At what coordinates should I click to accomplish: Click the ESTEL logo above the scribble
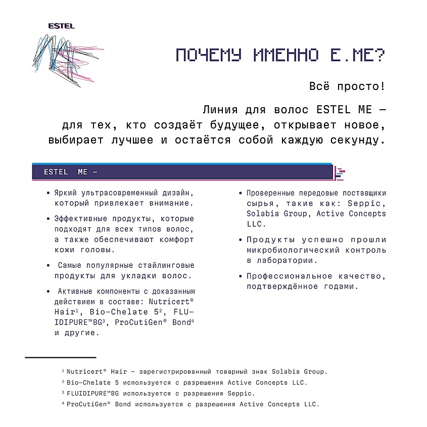tap(61, 26)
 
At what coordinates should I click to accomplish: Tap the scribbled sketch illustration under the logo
tap(61, 61)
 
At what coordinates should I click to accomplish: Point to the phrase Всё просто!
tap(347, 86)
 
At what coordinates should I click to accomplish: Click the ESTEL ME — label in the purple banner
tap(70, 172)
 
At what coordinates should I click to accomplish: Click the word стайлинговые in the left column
tap(163, 265)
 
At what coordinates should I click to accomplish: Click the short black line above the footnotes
tap(61, 357)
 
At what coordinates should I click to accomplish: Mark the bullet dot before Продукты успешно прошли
tap(241, 240)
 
